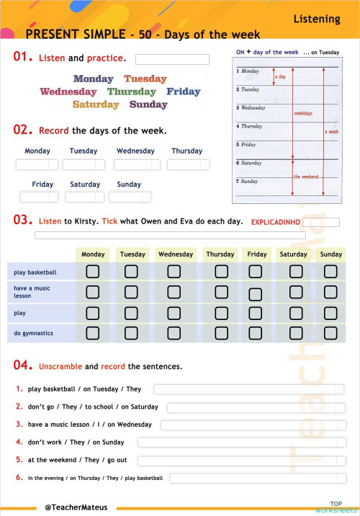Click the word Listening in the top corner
coord(317,19)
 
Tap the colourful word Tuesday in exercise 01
coord(145,79)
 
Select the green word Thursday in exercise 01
coord(131,92)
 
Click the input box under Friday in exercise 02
coord(39,197)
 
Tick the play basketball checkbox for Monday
coord(93,272)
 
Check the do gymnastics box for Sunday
coord(330,333)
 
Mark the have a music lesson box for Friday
coord(256,293)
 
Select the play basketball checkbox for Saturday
coord(293,272)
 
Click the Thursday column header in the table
coord(220,254)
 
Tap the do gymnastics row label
coord(33,334)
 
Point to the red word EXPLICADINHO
coord(276,222)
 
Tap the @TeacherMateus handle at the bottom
coord(76,507)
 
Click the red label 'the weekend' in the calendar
coord(306,177)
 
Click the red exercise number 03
coord(22,220)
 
